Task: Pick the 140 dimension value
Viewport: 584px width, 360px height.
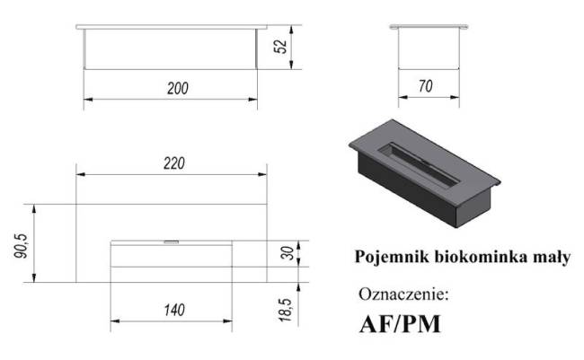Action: (x=173, y=311)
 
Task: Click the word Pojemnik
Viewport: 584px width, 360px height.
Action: (x=387, y=258)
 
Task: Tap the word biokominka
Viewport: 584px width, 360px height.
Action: (x=479, y=258)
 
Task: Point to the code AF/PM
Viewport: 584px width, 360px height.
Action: (x=400, y=323)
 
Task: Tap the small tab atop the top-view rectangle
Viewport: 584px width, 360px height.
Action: (x=170, y=241)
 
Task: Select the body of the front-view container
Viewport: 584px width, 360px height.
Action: (x=170, y=47)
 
